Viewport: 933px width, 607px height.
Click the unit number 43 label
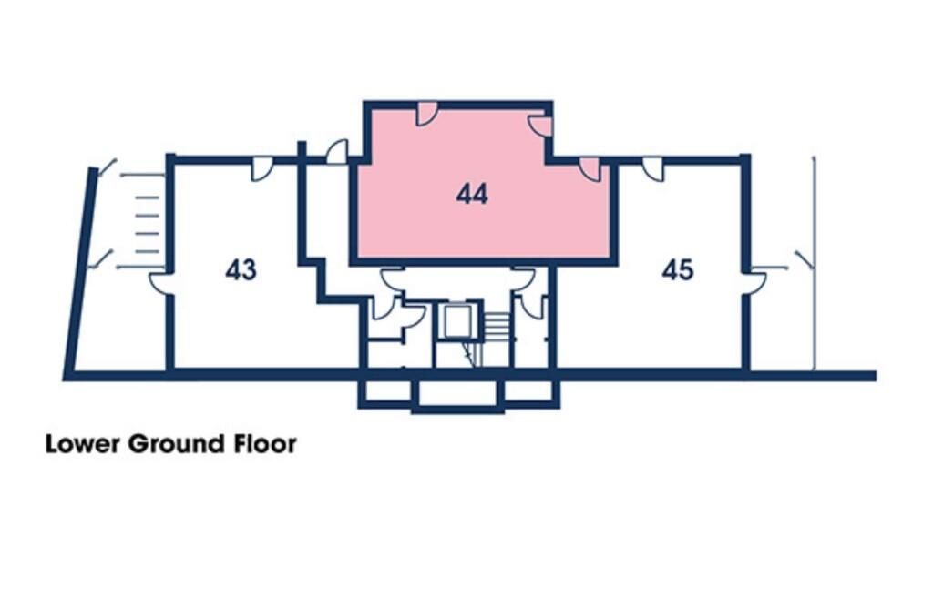tap(241, 270)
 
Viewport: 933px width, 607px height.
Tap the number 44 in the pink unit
tap(472, 194)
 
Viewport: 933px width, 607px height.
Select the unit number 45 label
tap(677, 270)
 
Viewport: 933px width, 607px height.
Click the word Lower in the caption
tap(83, 445)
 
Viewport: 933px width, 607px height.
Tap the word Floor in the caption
tap(264, 445)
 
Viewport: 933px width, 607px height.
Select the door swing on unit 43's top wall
tap(261, 169)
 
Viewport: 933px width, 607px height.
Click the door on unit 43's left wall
tap(160, 283)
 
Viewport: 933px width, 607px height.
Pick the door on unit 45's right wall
tap(755, 283)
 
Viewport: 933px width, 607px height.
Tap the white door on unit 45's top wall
tap(652, 169)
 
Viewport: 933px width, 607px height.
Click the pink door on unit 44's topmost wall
tap(426, 114)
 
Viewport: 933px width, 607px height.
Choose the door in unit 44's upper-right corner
tap(540, 126)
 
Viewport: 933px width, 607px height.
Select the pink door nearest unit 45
tap(590, 169)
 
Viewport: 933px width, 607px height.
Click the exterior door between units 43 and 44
tap(337, 152)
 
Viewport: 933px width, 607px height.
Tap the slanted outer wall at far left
tap(80, 273)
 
